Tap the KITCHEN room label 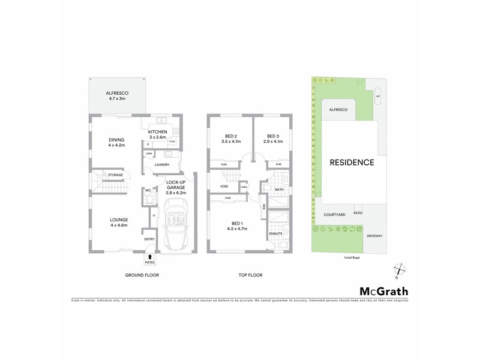click(157, 131)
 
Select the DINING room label click(116, 140)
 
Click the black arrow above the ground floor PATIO click(150, 257)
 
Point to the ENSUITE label click(276, 233)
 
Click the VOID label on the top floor click(224, 187)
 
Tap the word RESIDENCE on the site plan click(351, 162)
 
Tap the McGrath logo click(383, 292)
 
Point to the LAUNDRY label click(162, 164)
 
